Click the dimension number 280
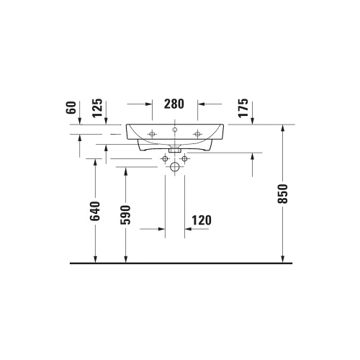click(x=174, y=104)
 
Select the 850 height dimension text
click(x=283, y=194)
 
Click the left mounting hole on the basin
click(x=152, y=134)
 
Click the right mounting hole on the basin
click(x=197, y=134)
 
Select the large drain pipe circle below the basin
click(x=175, y=168)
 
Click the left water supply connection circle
click(x=166, y=158)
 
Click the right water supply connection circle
click(x=184, y=158)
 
